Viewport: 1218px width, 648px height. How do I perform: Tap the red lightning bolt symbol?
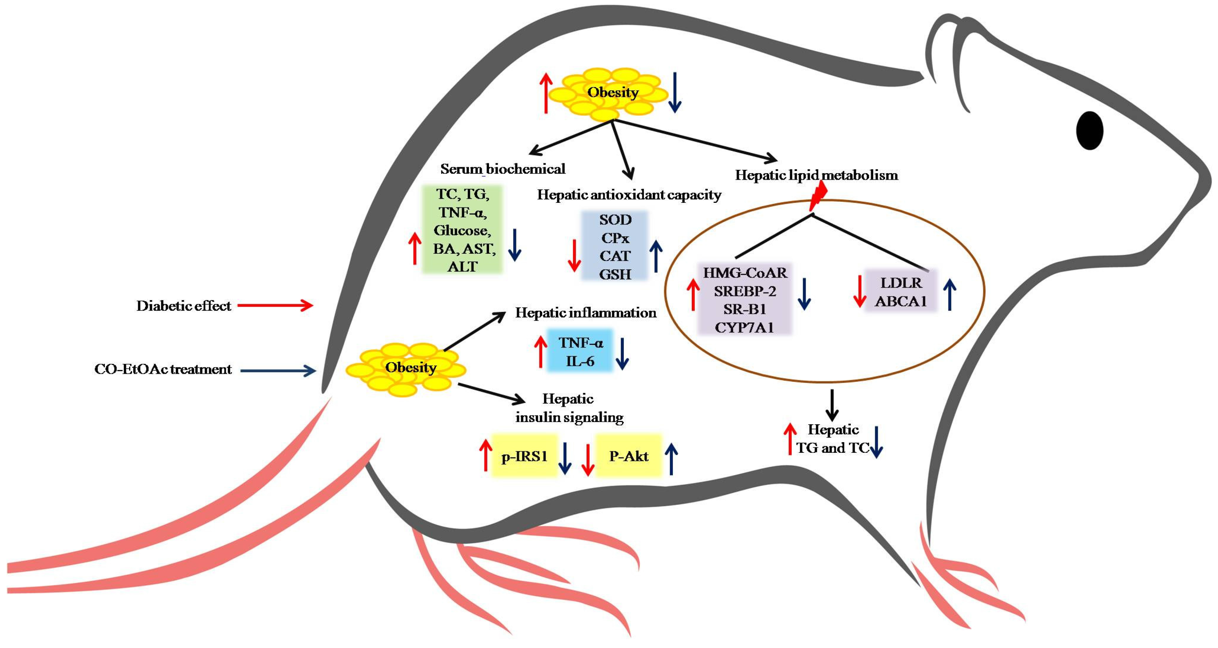point(817,196)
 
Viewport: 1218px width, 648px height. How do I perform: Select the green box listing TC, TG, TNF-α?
point(462,229)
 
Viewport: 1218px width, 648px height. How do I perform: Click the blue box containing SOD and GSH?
point(615,247)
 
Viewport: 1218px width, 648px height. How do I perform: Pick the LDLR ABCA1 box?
point(900,291)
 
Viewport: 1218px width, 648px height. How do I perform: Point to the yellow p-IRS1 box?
point(524,455)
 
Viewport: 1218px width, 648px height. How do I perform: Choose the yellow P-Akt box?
point(628,455)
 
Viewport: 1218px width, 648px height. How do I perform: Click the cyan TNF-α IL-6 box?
point(580,351)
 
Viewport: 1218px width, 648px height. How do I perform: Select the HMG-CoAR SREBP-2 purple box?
point(745,299)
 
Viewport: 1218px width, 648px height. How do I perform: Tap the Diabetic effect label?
point(183,306)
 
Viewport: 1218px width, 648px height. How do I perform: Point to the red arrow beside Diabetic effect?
point(275,305)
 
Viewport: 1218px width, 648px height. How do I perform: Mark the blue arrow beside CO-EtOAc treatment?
point(278,371)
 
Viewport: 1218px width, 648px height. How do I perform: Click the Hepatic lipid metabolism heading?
point(817,175)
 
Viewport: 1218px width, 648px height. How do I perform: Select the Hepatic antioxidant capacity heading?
point(629,195)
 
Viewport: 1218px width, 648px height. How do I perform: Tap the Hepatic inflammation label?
point(585,313)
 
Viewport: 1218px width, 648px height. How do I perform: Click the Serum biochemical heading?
point(503,169)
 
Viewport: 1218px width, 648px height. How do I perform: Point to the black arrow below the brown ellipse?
point(832,405)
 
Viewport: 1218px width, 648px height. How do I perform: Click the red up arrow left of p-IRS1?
point(486,455)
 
